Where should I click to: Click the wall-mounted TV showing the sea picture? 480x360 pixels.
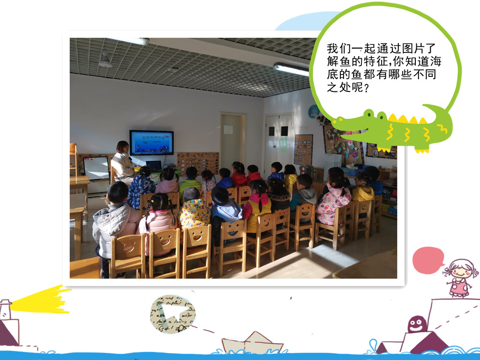151,142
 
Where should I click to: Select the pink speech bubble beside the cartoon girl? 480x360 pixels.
428,260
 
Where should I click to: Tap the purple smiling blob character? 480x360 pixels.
417,324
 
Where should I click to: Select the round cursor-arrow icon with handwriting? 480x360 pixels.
172,314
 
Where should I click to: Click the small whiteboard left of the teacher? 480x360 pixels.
96,168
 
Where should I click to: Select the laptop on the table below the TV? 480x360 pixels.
154,165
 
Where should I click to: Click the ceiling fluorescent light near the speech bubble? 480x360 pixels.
291,69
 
